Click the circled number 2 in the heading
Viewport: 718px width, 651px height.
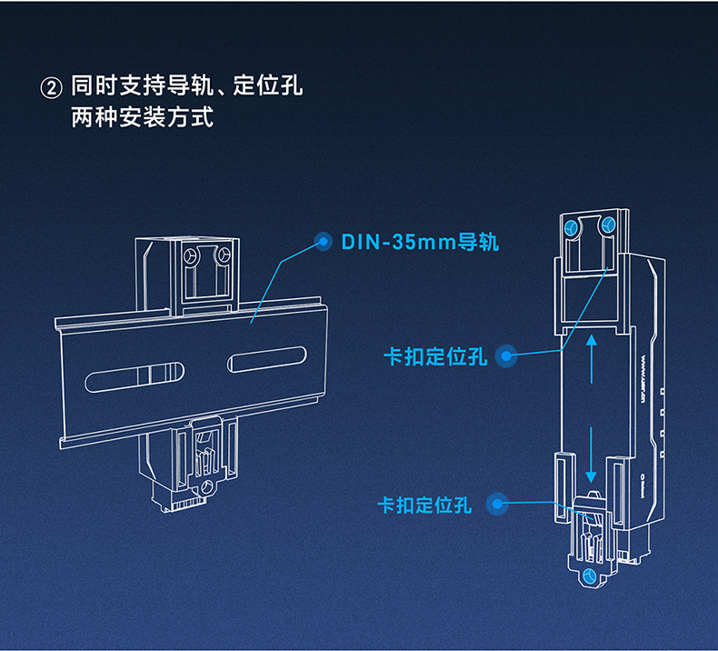click(x=52, y=89)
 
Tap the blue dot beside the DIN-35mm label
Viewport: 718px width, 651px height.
click(x=322, y=241)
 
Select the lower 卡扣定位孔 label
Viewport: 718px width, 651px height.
click(x=425, y=505)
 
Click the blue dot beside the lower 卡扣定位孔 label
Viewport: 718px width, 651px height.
click(x=495, y=504)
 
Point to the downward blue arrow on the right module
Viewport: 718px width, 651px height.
click(x=591, y=459)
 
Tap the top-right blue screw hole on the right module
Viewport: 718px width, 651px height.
click(x=608, y=224)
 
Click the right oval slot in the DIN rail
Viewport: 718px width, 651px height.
click(x=271, y=360)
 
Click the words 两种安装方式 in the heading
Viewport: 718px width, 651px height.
click(x=143, y=118)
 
